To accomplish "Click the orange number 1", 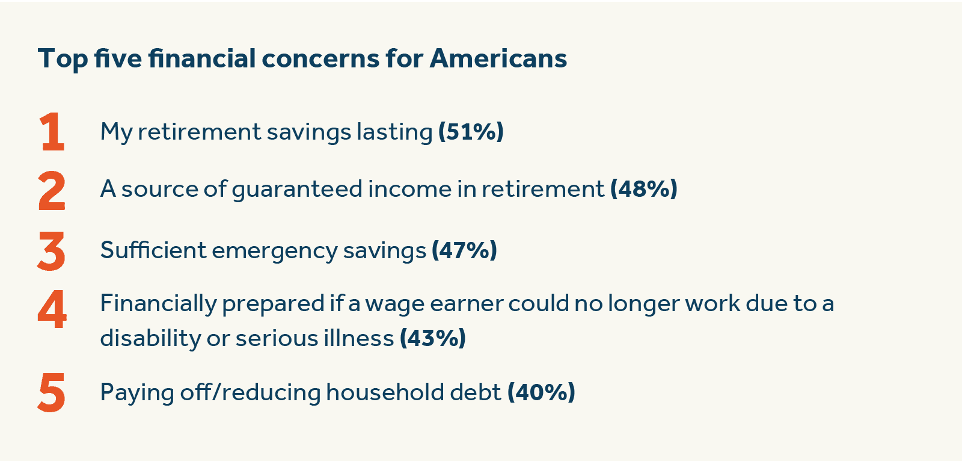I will [52, 131].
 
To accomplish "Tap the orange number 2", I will [52, 191].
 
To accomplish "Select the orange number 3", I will [51, 251].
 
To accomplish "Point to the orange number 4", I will [52, 309].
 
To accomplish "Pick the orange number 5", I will [52, 392].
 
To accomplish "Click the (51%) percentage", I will [471, 132].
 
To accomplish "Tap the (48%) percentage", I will [644, 189].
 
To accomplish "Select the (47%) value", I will [464, 250].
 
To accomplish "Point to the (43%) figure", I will [433, 338].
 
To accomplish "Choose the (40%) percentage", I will [541, 392].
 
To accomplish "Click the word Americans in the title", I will [498, 58].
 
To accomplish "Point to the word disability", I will [150, 339].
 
